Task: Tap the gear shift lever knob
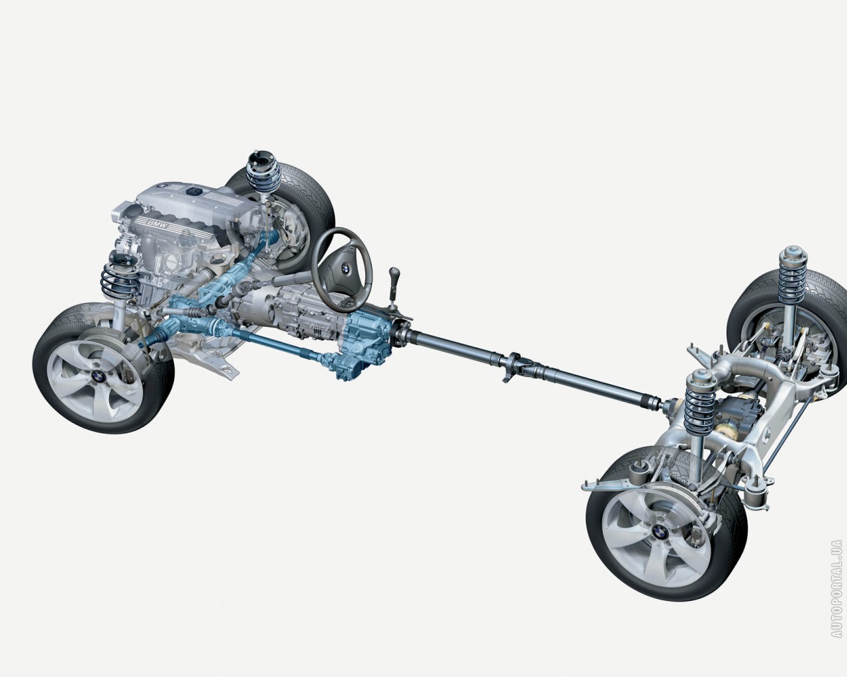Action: coord(394,272)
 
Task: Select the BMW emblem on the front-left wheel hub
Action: coord(97,378)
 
